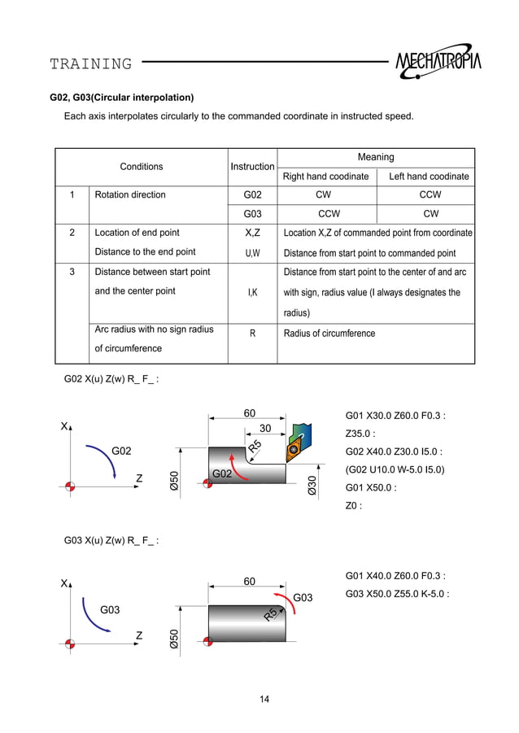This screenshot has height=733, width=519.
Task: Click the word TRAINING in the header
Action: [x=90, y=63]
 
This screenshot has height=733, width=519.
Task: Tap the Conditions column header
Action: [x=142, y=167]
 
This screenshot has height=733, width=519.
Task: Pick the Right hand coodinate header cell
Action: [x=326, y=177]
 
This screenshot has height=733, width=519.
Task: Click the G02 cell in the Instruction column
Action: [x=252, y=195]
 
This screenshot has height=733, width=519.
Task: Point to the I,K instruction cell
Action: [x=252, y=292]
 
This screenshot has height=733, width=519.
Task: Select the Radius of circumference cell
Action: [x=329, y=333]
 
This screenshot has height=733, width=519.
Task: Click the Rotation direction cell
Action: [x=130, y=195]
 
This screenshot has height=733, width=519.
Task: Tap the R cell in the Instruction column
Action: [x=252, y=333]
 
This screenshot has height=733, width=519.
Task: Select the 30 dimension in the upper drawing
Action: [x=264, y=429]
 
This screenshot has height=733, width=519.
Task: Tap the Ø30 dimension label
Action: [x=312, y=486]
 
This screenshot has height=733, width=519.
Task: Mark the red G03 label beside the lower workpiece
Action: [x=303, y=598]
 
